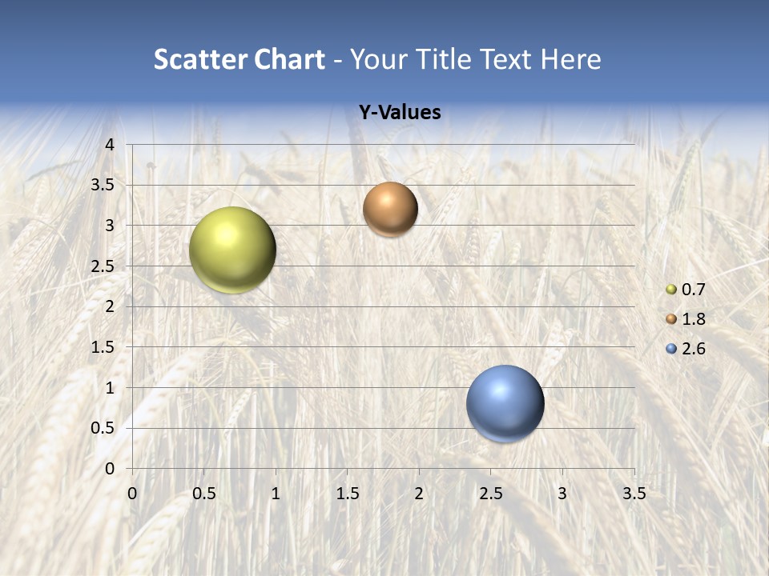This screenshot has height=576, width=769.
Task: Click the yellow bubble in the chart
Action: tap(232, 250)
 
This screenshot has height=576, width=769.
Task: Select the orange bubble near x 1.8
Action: tap(390, 209)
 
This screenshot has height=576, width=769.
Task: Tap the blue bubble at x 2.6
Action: tap(505, 403)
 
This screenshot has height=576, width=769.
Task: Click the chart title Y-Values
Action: tap(400, 113)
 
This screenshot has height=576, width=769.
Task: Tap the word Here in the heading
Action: tap(571, 59)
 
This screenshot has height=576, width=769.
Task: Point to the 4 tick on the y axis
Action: tap(111, 145)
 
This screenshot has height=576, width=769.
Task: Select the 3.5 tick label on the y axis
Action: tap(103, 185)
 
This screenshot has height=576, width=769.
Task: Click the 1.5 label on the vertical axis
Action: tap(103, 347)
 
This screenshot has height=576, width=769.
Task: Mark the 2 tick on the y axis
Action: tap(111, 306)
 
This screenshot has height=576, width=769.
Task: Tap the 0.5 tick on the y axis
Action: tap(103, 428)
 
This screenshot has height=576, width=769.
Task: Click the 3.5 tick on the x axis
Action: tap(634, 494)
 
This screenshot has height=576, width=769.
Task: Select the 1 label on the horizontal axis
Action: tap(276, 494)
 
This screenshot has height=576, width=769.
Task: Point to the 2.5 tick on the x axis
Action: tap(490, 494)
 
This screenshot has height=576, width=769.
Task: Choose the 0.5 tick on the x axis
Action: tap(203, 494)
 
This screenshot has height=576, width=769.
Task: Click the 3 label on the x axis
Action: tap(562, 494)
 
